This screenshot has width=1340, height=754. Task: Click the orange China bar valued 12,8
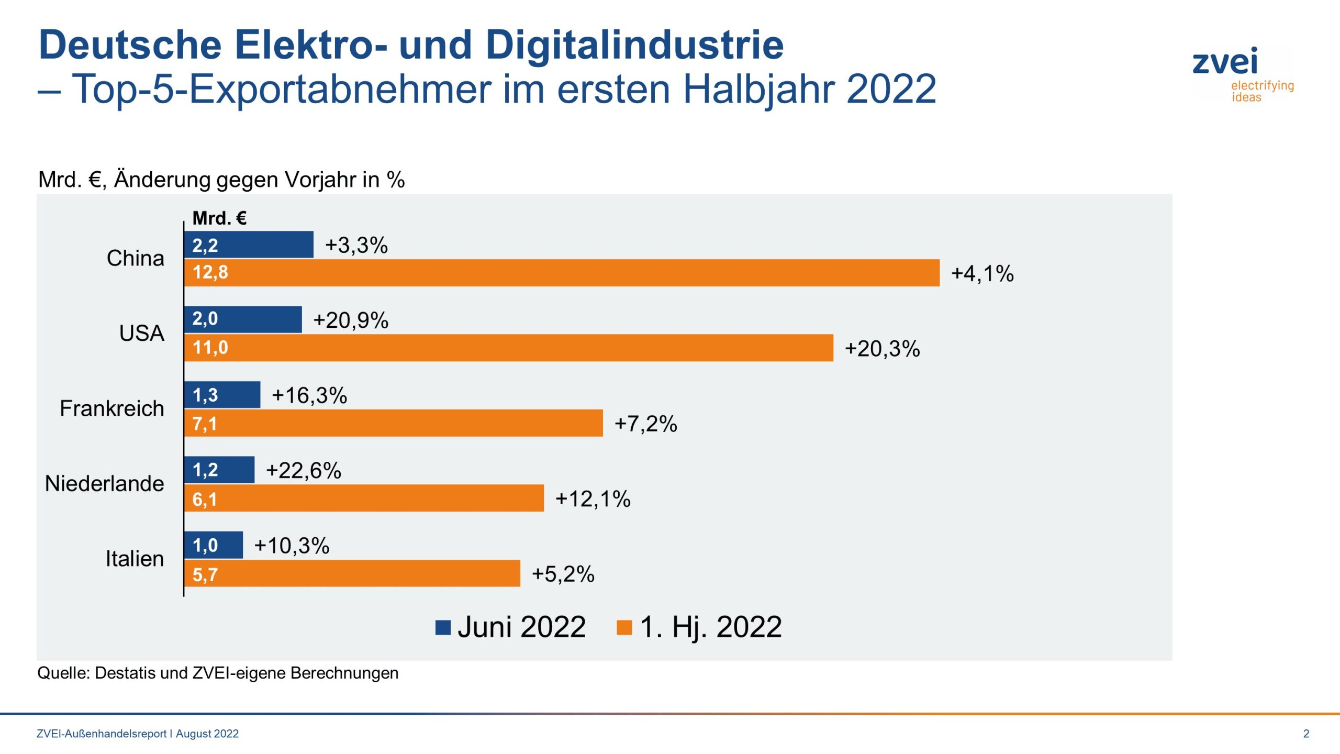pyautogui.click(x=561, y=273)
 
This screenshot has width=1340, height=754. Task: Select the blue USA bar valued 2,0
pyautogui.click(x=243, y=319)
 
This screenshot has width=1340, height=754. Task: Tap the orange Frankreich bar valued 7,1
pyautogui.click(x=393, y=423)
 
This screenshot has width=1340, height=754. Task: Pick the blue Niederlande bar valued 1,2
pyautogui.click(x=219, y=470)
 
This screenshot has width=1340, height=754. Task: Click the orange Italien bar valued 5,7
pyautogui.click(x=352, y=573)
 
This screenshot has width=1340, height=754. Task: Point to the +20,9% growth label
pyautogui.click(x=351, y=320)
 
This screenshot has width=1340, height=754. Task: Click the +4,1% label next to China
pyautogui.click(x=982, y=274)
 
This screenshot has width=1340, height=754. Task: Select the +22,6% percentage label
pyautogui.click(x=304, y=471)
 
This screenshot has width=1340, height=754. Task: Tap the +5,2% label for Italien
pyautogui.click(x=563, y=574)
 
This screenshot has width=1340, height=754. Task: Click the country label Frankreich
pyautogui.click(x=111, y=408)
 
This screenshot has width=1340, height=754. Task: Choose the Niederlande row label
pyautogui.click(x=104, y=483)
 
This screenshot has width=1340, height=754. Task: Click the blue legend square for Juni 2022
pyautogui.click(x=443, y=627)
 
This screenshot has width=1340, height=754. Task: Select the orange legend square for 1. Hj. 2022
pyautogui.click(x=624, y=627)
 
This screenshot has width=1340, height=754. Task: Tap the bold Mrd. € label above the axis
pyautogui.click(x=219, y=218)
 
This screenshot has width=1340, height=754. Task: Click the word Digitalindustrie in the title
pyautogui.click(x=634, y=45)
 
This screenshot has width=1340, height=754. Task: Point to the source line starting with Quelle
pyautogui.click(x=218, y=673)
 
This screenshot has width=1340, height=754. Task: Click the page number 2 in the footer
pyautogui.click(x=1306, y=734)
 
